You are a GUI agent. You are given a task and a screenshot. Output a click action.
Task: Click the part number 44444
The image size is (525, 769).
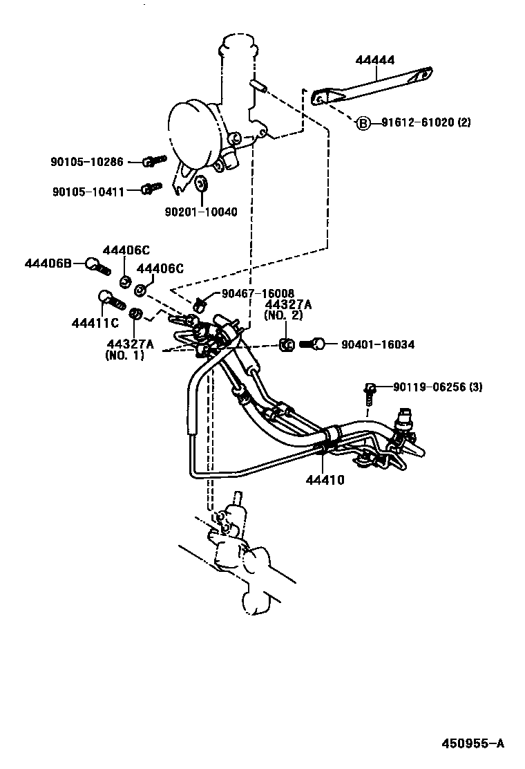click(x=375, y=61)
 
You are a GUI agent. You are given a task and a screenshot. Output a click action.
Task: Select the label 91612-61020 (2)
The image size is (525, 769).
click(x=425, y=123)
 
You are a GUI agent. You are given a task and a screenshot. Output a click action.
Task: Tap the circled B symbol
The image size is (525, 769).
click(x=363, y=124)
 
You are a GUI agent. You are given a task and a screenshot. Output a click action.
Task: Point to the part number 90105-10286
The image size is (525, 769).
click(x=86, y=162)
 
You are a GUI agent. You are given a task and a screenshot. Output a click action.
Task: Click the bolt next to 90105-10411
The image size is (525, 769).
click(x=151, y=187)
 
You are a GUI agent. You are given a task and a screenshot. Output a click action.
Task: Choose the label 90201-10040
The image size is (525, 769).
click(x=201, y=212)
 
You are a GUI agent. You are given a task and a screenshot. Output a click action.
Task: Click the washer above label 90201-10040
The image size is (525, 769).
click(x=202, y=184)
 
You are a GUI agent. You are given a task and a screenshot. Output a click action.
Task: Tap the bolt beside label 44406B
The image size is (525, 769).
click(x=99, y=264)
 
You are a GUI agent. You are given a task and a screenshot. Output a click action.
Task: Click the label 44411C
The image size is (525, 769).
click(x=95, y=323)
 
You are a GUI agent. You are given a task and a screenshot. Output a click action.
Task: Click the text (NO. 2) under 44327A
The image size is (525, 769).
click(x=288, y=315)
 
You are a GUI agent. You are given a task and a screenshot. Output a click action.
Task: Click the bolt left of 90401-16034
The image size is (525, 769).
click(x=314, y=344)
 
